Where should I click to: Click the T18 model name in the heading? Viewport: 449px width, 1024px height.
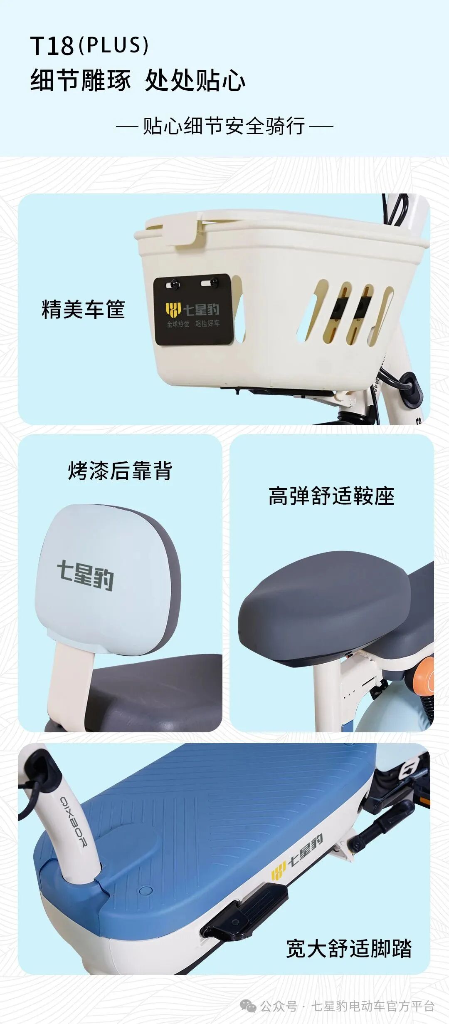coord(52,46)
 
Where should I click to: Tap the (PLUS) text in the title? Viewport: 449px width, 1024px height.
coord(113,45)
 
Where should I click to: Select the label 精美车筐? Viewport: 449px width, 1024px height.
coord(83,309)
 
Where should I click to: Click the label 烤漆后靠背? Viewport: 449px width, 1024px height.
coord(120,471)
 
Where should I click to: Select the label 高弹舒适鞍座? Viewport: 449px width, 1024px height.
coord(331,496)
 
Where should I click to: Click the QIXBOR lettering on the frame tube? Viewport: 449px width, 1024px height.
coord(74,822)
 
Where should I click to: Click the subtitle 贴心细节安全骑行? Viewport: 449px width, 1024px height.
coord(224,126)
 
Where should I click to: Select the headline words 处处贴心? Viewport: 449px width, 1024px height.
coord(195,80)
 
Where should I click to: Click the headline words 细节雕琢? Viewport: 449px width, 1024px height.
coord(81,80)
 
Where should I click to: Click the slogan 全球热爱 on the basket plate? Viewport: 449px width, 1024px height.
coord(178,324)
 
